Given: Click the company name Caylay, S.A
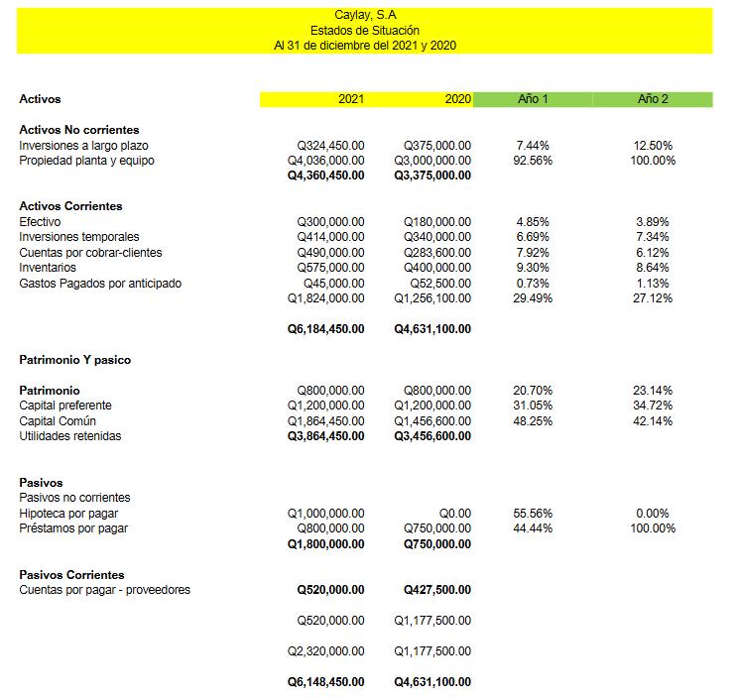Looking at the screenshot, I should point(364,15).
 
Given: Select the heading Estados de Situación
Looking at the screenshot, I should point(364,31).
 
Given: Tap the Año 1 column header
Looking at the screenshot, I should point(533,99).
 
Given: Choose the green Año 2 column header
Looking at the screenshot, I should point(652,99).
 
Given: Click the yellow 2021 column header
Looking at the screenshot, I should point(351,99).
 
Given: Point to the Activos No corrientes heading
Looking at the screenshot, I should point(79,130).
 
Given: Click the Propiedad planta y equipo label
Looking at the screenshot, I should point(87,161).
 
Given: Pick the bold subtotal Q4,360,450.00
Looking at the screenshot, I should point(325,175).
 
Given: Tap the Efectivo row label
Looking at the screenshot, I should point(40,221).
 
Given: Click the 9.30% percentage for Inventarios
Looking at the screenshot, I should point(533,268).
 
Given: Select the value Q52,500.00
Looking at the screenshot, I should point(440,284).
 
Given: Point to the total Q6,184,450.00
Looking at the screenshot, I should point(325,329).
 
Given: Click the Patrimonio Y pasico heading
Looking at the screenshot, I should point(74,360).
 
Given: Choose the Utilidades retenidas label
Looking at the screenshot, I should point(70,436).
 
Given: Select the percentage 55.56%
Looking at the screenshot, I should point(533,514).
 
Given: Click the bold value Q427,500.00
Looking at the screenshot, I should point(437,590).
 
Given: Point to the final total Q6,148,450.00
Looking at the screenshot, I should point(325,682).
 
